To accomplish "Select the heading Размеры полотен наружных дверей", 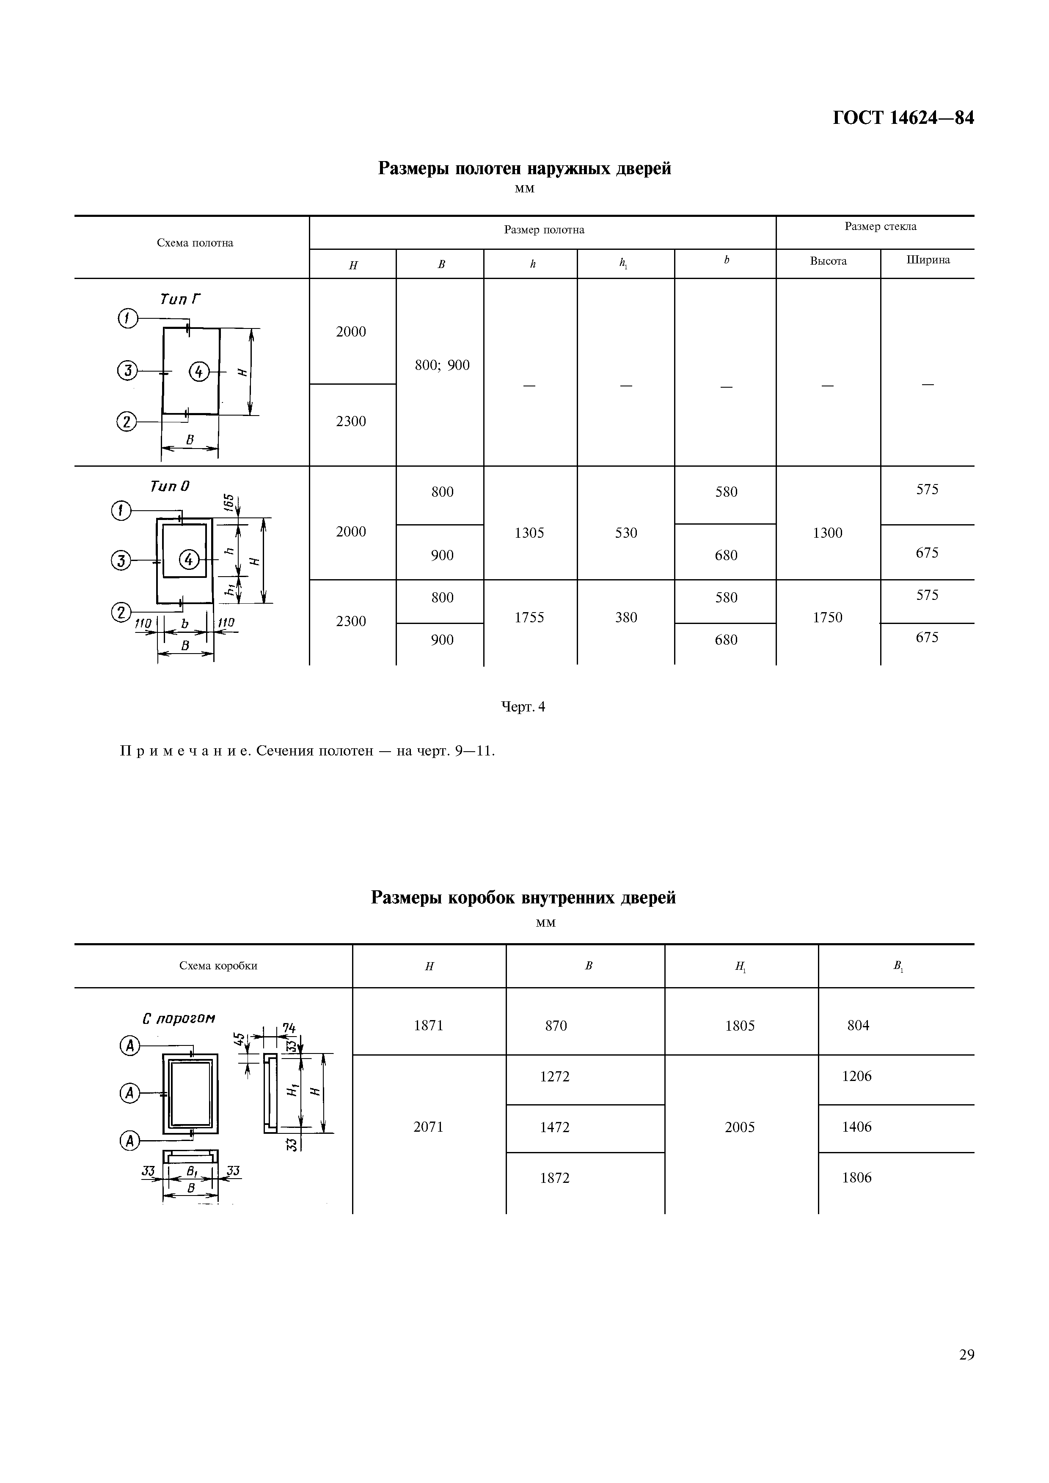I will click(524, 169).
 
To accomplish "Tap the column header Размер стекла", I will click(880, 226).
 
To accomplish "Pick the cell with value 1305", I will click(529, 533).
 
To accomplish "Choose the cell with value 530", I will click(626, 533).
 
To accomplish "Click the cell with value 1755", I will click(529, 618).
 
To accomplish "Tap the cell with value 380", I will click(626, 618).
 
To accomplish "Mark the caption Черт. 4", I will click(523, 707).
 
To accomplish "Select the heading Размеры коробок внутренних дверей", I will click(523, 898).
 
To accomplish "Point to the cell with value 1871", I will click(429, 1026).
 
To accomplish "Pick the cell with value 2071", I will click(429, 1127).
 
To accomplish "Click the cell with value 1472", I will click(555, 1127).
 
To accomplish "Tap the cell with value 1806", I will click(856, 1177).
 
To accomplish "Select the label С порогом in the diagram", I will click(179, 1018).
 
